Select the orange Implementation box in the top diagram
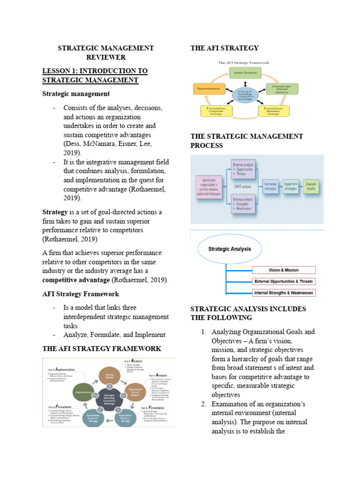coord(207,88)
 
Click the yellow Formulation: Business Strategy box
coord(273,111)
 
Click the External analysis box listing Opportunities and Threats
coord(243,168)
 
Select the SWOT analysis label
coord(243,186)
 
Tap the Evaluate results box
coord(311,186)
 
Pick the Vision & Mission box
coord(284,270)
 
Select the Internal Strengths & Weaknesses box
coord(284,293)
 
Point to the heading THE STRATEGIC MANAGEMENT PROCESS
coord(247,141)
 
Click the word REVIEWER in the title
coord(105,57)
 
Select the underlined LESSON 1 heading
coord(95,75)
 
